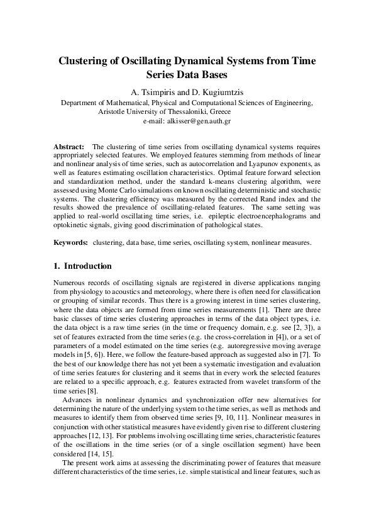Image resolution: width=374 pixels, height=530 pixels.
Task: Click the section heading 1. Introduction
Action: pyautogui.click(x=82, y=266)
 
